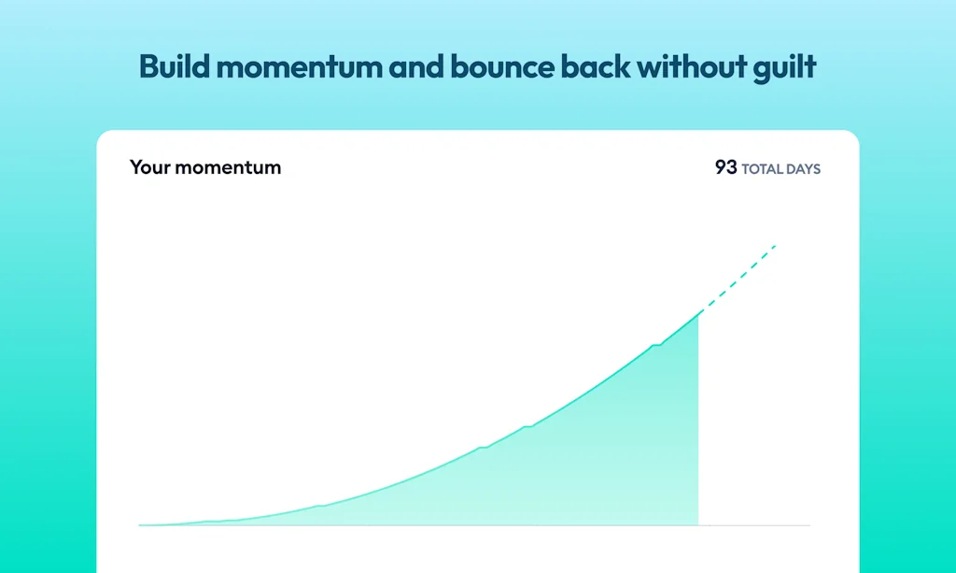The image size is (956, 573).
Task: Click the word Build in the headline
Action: tap(175, 66)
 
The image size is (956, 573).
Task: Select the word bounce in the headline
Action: tap(501, 66)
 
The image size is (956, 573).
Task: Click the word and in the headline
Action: tap(415, 66)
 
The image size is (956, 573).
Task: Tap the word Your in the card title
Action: tap(149, 167)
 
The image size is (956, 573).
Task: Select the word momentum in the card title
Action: tap(228, 168)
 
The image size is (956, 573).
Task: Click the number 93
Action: tap(725, 167)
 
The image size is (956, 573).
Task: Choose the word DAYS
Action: tap(800, 169)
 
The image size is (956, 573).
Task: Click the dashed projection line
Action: tap(738, 279)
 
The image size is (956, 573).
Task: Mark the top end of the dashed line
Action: tap(776, 245)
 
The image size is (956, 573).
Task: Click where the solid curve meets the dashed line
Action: tap(698, 313)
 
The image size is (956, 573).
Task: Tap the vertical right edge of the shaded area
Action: tap(698, 419)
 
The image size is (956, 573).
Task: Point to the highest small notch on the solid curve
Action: tap(656, 345)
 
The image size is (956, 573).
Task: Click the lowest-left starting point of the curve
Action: tap(140, 524)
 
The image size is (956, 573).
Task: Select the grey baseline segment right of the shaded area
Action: tap(754, 524)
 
